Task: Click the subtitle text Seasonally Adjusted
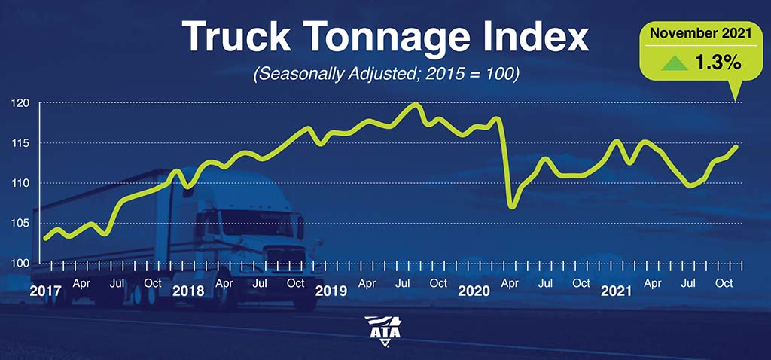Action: pyautogui.click(x=331, y=76)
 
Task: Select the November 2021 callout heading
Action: pyautogui.click(x=701, y=34)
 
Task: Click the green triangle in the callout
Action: pyautogui.click(x=674, y=63)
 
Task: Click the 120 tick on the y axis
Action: pyautogui.click(x=21, y=102)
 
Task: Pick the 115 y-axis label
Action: pyautogui.click(x=21, y=143)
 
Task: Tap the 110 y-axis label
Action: pyautogui.click(x=21, y=184)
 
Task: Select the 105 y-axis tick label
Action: pyautogui.click(x=21, y=224)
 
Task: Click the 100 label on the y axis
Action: pyautogui.click(x=21, y=264)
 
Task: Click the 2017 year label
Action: pyautogui.click(x=45, y=291)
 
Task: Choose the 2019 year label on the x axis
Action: pyautogui.click(x=331, y=291)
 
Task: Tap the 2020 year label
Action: pyautogui.click(x=474, y=291)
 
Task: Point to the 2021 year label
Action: pyautogui.click(x=617, y=291)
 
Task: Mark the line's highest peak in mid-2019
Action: pyautogui.click(x=416, y=104)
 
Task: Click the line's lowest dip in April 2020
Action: pyautogui.click(x=512, y=206)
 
